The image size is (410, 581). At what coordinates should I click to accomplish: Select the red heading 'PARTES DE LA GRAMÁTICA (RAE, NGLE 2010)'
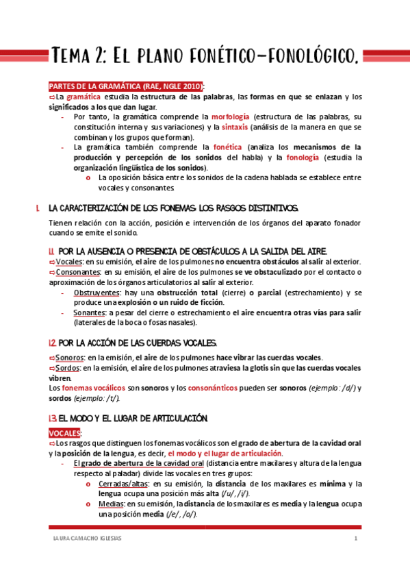coord(125,86)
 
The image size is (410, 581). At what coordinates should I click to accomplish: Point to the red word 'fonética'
coord(228,147)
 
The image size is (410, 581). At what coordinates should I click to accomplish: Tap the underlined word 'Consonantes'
coord(79,273)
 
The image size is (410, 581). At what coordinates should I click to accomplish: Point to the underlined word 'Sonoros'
coord(71,358)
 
